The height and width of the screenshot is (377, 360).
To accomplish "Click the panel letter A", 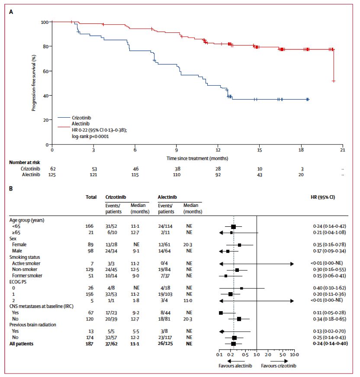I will coord(11,12).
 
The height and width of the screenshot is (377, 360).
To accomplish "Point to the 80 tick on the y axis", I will coord(45,46).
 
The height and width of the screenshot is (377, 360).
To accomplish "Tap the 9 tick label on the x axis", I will coord(177,150).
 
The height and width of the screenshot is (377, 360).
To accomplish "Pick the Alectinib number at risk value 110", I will coord(177,174).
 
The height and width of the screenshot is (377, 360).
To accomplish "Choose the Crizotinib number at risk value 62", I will coord(53,168).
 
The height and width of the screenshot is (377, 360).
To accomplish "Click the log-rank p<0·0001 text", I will coord(90,136).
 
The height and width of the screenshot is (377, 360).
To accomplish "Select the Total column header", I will coord(91,197).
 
